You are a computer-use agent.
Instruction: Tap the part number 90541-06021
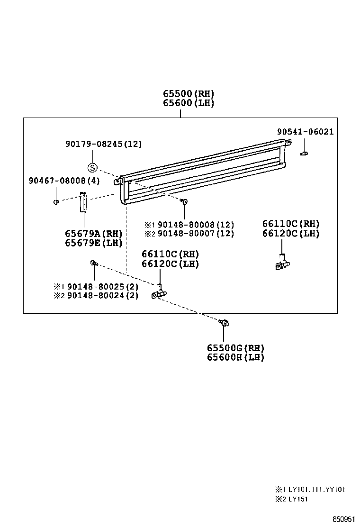click(x=305, y=132)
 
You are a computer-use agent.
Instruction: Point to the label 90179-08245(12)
click(x=103, y=144)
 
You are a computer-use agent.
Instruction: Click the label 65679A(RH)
click(x=94, y=234)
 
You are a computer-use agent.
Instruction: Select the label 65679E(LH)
click(x=94, y=243)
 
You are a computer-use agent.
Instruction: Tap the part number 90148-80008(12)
click(x=196, y=225)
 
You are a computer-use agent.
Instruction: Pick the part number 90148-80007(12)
click(x=196, y=233)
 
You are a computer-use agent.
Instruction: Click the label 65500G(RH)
click(x=235, y=348)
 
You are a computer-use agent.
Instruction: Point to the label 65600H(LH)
click(x=235, y=357)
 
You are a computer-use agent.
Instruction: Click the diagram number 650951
click(x=343, y=519)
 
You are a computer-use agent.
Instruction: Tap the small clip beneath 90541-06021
click(x=305, y=153)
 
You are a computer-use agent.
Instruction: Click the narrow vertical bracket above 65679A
click(x=83, y=202)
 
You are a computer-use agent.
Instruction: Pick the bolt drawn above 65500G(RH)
click(x=225, y=323)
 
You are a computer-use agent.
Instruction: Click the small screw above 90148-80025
click(x=94, y=263)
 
